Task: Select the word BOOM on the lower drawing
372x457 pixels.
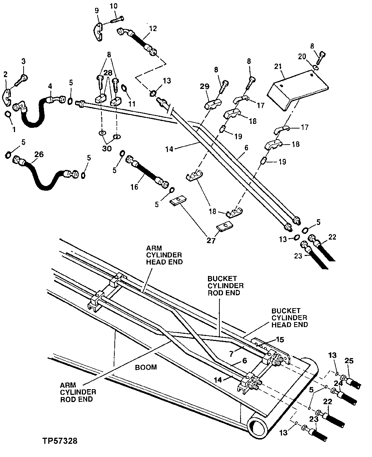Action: [x=147, y=367]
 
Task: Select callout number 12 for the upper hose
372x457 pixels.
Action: [x=153, y=29]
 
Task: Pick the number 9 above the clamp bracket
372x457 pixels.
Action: [x=96, y=10]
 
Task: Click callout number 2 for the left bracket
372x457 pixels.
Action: [x=5, y=74]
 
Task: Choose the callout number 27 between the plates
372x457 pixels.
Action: [x=211, y=241]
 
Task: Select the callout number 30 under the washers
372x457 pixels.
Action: [x=107, y=149]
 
